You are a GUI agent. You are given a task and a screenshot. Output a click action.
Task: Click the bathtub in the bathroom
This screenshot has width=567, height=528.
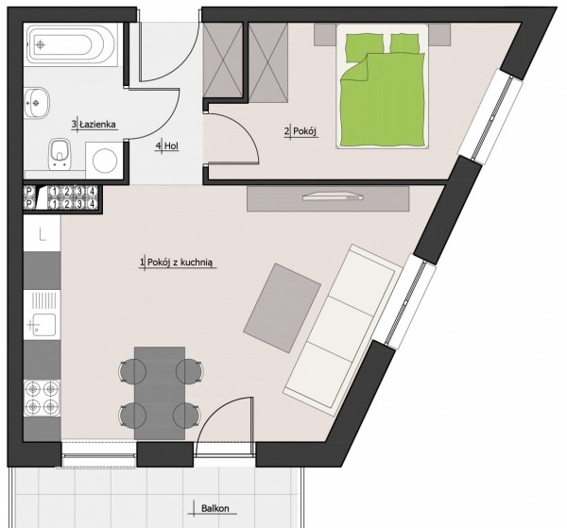[71, 45]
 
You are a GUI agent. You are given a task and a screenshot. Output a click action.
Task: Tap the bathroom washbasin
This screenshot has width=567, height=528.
[37, 103]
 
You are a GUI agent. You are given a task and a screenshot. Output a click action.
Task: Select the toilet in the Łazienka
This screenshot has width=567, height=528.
[59, 154]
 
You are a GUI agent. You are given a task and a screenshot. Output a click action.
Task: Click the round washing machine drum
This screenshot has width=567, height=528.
[105, 160]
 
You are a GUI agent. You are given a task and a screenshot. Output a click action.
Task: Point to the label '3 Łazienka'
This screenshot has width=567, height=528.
[94, 125]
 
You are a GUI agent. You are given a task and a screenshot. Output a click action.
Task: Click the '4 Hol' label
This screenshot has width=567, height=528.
[167, 146]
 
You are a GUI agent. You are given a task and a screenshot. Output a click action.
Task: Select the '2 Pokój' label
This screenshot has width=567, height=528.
[301, 131]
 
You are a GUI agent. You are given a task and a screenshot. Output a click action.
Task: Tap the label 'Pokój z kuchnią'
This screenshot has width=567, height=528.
[179, 263]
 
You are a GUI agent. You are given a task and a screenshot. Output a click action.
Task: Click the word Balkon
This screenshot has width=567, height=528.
[215, 508]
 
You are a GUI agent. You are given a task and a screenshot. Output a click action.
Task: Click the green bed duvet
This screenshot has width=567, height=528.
[383, 99]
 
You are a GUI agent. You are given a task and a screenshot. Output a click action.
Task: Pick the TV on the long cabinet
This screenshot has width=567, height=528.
[333, 196]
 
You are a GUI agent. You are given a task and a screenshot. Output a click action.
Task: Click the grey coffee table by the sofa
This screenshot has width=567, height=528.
[282, 308]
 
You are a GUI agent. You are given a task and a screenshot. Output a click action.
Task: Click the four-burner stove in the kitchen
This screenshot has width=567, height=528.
[42, 398]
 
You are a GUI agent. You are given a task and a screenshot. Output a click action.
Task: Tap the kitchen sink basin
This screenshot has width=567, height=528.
[44, 325]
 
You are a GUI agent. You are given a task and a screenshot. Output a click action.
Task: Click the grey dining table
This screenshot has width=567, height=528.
[160, 393]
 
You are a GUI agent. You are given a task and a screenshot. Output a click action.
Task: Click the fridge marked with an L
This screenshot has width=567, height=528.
[42, 234]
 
